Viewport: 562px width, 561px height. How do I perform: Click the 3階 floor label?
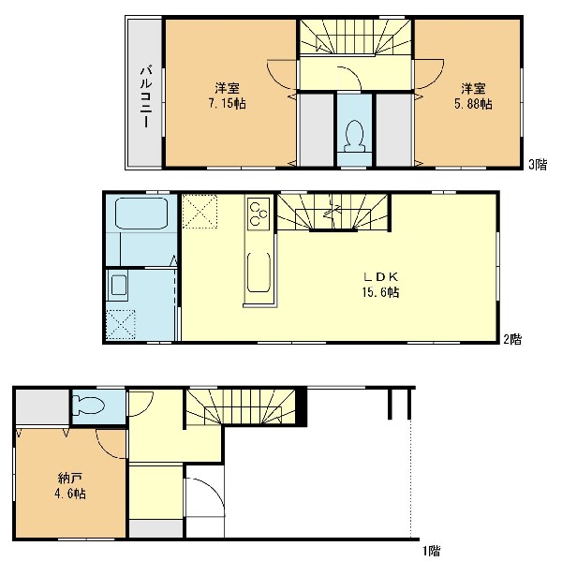point(538,165)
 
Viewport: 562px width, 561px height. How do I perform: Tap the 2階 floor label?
point(512,339)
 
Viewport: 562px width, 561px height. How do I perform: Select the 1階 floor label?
point(431,551)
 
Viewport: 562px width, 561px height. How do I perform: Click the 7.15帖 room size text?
point(228,104)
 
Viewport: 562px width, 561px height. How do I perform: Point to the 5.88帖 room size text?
point(473,104)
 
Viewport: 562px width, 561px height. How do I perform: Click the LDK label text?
point(380,276)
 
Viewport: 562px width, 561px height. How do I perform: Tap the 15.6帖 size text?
point(380,292)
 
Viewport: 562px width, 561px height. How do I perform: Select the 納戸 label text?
point(70,478)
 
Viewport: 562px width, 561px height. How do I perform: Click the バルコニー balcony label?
point(145,96)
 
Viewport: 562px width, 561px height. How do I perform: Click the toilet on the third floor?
point(354,136)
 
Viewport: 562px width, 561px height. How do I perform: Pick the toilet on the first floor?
point(88,406)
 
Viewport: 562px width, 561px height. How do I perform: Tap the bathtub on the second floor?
point(141,214)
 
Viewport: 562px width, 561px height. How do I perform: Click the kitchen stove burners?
point(259,214)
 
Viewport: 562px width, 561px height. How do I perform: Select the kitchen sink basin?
point(259,273)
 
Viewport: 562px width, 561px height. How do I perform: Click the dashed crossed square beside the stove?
point(200,211)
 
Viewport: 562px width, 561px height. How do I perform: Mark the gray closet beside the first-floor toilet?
point(42,406)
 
